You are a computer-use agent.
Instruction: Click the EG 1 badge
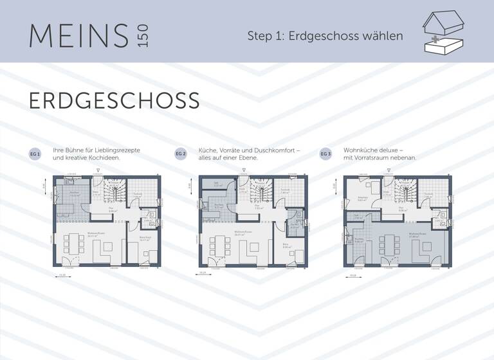(x=35, y=154)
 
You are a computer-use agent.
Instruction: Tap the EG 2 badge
(x=181, y=154)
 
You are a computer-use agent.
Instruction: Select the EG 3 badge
(x=326, y=154)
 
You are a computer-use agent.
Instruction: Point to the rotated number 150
(x=142, y=36)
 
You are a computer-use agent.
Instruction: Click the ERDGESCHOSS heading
(x=114, y=101)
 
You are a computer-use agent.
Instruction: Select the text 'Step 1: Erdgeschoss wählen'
(x=325, y=36)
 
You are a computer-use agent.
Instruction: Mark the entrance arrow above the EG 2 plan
(x=242, y=172)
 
